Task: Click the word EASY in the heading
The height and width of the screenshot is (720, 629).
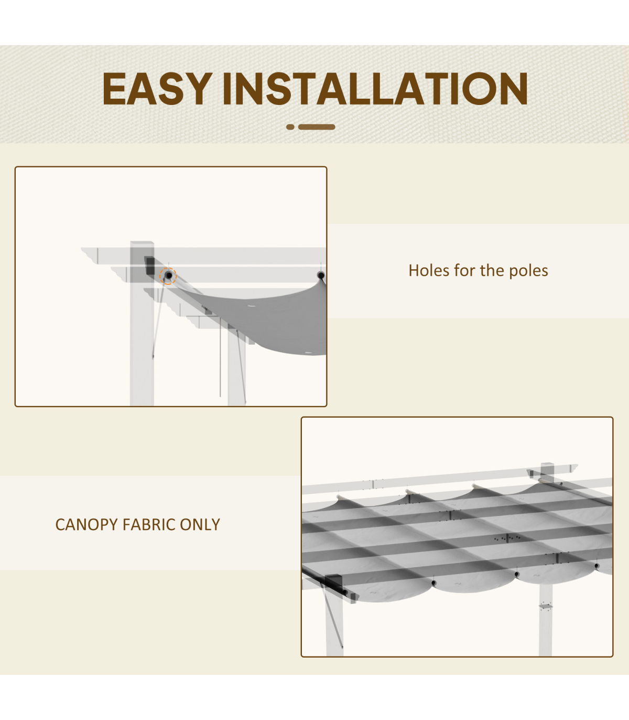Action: click(157, 88)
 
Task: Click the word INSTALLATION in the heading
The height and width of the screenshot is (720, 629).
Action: click(375, 88)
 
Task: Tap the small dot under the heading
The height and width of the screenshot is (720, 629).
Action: click(290, 126)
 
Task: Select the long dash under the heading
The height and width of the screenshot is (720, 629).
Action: click(317, 126)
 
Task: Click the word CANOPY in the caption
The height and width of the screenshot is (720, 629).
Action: click(86, 524)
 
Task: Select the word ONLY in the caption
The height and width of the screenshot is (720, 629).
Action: click(200, 524)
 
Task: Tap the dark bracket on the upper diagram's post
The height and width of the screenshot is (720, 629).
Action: click(149, 266)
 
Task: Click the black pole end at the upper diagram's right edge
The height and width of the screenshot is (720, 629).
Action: click(321, 275)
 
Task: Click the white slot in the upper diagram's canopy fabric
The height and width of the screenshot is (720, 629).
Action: click(252, 305)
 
